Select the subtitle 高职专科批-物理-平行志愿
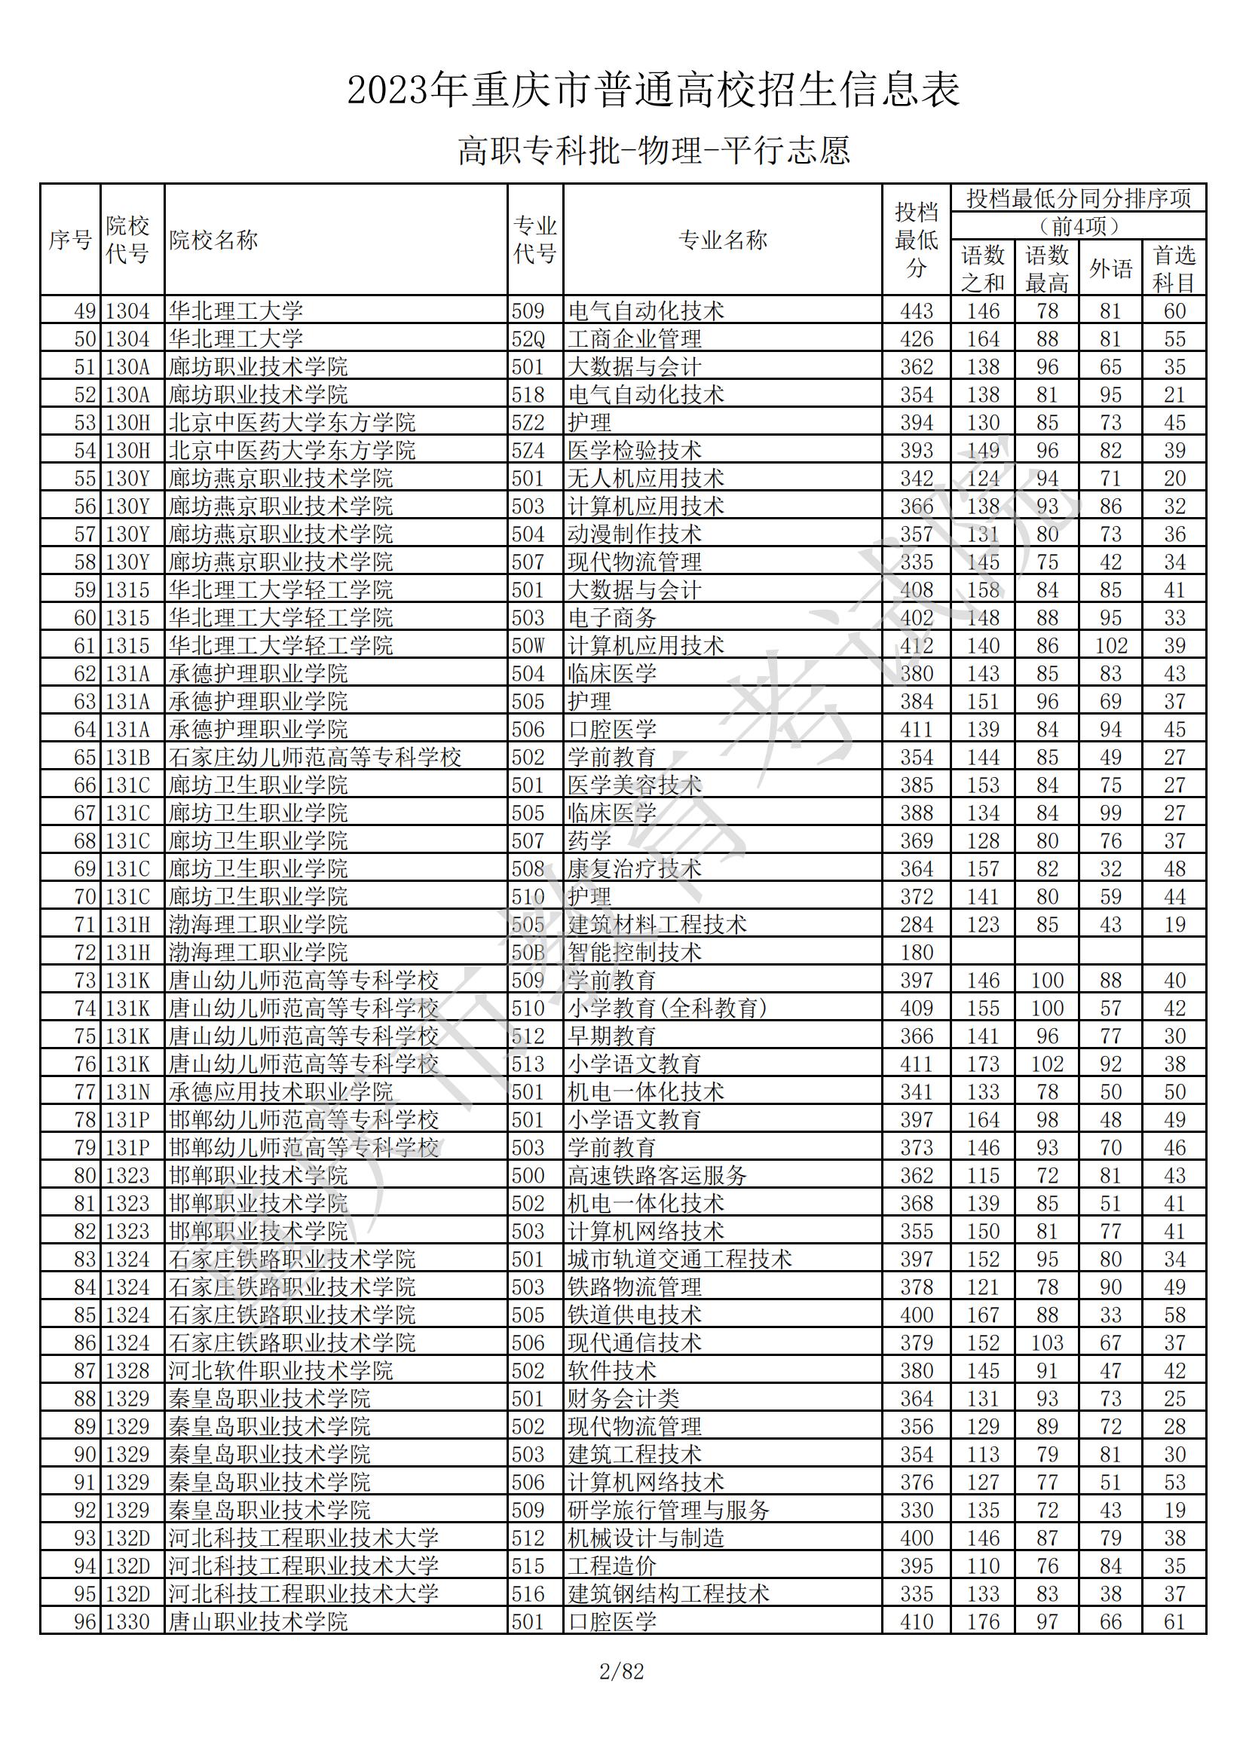click(x=654, y=151)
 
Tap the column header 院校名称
click(x=213, y=240)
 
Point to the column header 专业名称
click(x=722, y=240)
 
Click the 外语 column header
click(x=1110, y=269)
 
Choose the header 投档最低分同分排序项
click(x=1078, y=199)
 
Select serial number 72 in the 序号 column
click(x=84, y=952)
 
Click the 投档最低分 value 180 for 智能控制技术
click(x=916, y=952)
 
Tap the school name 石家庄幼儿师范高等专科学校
click(x=315, y=757)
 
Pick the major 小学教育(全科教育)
click(x=667, y=1009)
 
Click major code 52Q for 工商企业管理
click(x=528, y=338)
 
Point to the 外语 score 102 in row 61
click(x=1110, y=646)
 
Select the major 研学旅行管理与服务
click(x=668, y=1510)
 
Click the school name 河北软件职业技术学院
click(x=281, y=1370)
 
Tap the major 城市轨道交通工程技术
click(x=679, y=1260)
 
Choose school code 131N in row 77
click(x=127, y=1092)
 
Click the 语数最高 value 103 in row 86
click(x=1046, y=1343)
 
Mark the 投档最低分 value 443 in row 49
click(x=916, y=311)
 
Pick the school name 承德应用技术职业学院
click(x=281, y=1092)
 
